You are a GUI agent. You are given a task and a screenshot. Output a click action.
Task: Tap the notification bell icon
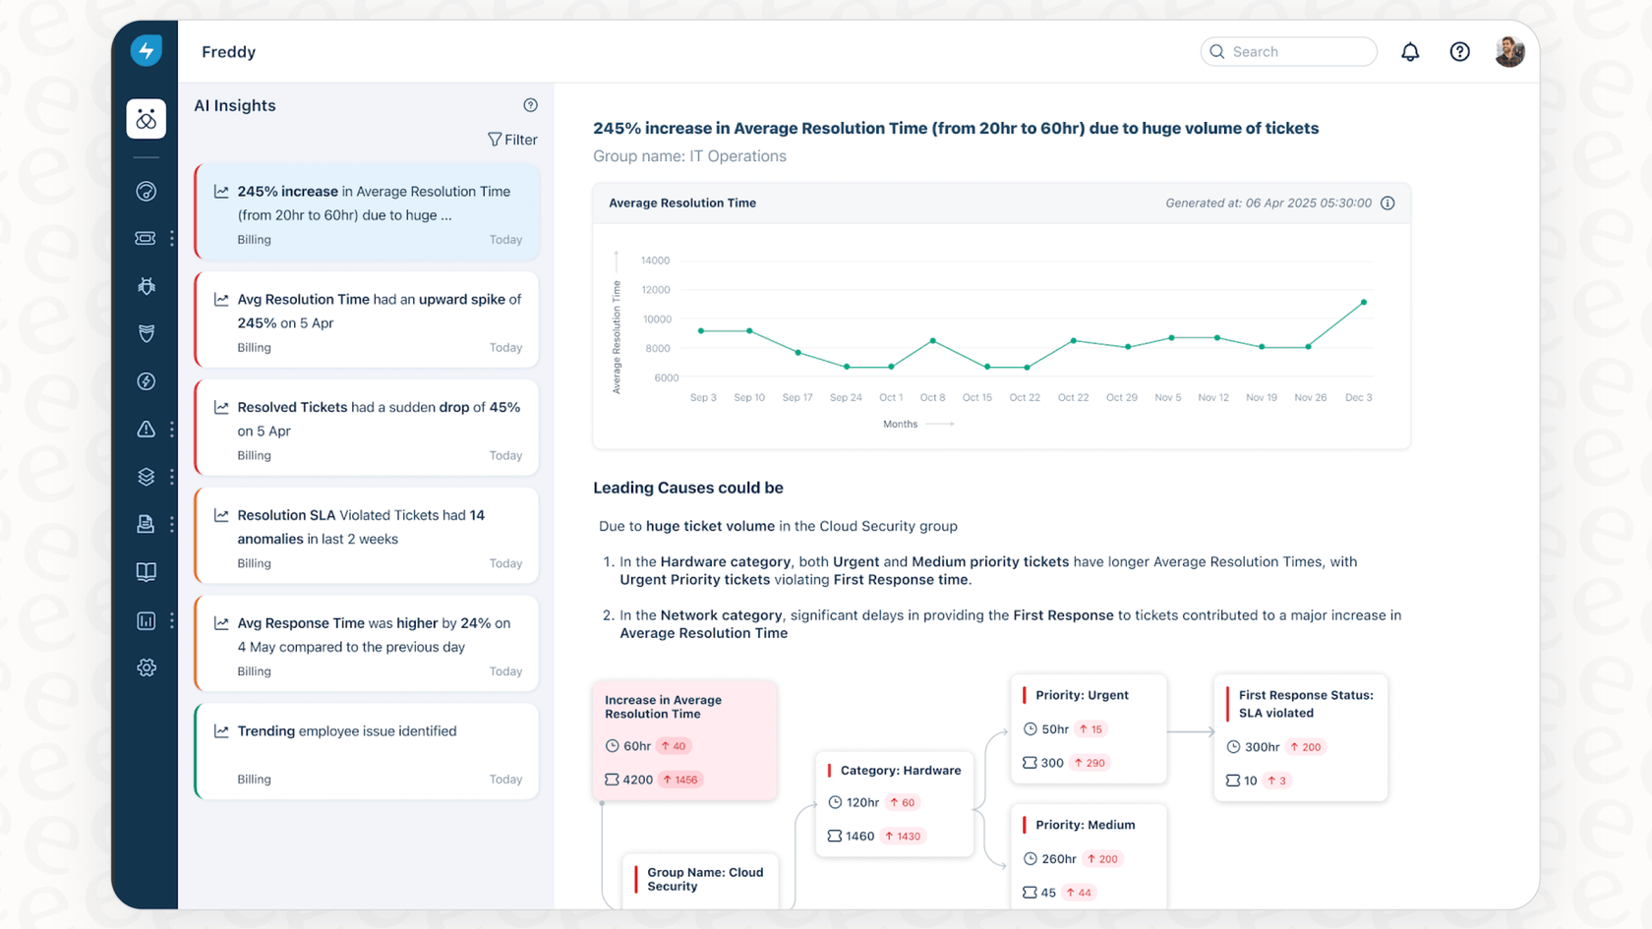(x=1410, y=52)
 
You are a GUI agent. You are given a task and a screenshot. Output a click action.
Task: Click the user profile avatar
(x=1509, y=52)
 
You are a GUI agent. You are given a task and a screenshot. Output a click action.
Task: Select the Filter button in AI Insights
(x=512, y=140)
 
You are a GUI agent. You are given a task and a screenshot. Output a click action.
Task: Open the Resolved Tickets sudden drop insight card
(x=367, y=429)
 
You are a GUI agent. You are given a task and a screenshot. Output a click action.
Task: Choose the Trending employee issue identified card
(x=367, y=752)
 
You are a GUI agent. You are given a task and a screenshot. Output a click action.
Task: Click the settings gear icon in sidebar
(x=147, y=668)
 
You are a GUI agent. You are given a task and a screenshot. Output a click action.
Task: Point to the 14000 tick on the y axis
(x=655, y=261)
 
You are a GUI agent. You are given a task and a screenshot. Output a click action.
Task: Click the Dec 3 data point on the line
(x=1364, y=302)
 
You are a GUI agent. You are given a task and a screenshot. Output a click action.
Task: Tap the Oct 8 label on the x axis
(x=932, y=397)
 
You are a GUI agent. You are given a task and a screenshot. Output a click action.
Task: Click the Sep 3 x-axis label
(x=703, y=397)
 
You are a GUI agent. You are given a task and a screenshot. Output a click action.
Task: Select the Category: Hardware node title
(x=900, y=771)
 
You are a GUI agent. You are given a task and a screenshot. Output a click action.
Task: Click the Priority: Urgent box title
(x=1082, y=695)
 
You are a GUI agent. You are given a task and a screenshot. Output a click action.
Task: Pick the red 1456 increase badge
(x=680, y=780)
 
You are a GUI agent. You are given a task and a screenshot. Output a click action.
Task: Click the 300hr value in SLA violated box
(x=1262, y=747)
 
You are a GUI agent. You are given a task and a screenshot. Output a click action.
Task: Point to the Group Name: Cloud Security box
(x=704, y=879)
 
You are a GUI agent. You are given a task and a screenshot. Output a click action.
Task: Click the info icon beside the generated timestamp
(x=1387, y=203)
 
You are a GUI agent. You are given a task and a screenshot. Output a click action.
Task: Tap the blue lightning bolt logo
(x=147, y=51)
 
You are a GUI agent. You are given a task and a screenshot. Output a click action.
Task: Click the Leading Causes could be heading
(x=688, y=488)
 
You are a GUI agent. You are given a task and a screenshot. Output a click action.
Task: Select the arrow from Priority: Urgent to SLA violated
(x=1191, y=731)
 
